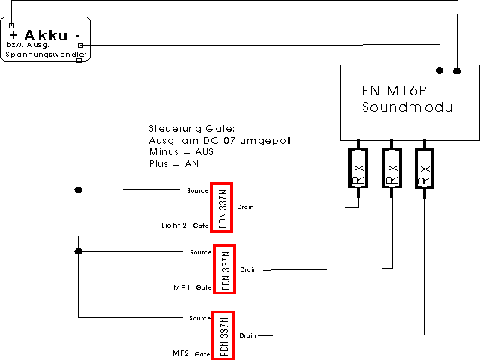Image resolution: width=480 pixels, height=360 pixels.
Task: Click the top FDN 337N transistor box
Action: (222, 206)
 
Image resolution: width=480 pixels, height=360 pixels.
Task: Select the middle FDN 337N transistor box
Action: (224, 268)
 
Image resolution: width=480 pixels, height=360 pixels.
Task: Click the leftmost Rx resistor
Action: (358, 169)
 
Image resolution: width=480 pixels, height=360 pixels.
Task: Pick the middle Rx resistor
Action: (391, 169)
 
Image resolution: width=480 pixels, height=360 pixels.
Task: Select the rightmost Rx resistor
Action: (424, 169)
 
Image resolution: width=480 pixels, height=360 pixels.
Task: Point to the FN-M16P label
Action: (390, 90)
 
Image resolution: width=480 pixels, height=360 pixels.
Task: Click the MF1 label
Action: (181, 287)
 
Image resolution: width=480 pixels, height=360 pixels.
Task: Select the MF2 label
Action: (181, 352)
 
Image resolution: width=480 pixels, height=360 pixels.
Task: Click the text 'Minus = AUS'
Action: (179, 152)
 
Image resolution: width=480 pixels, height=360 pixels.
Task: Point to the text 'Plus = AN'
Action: (174, 163)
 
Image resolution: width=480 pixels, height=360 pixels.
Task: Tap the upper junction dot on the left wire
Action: (78, 190)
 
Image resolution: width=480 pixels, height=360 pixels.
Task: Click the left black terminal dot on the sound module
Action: (440, 70)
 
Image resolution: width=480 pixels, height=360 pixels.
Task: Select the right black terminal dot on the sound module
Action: (456, 70)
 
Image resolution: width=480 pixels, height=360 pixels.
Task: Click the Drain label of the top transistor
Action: (246, 206)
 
